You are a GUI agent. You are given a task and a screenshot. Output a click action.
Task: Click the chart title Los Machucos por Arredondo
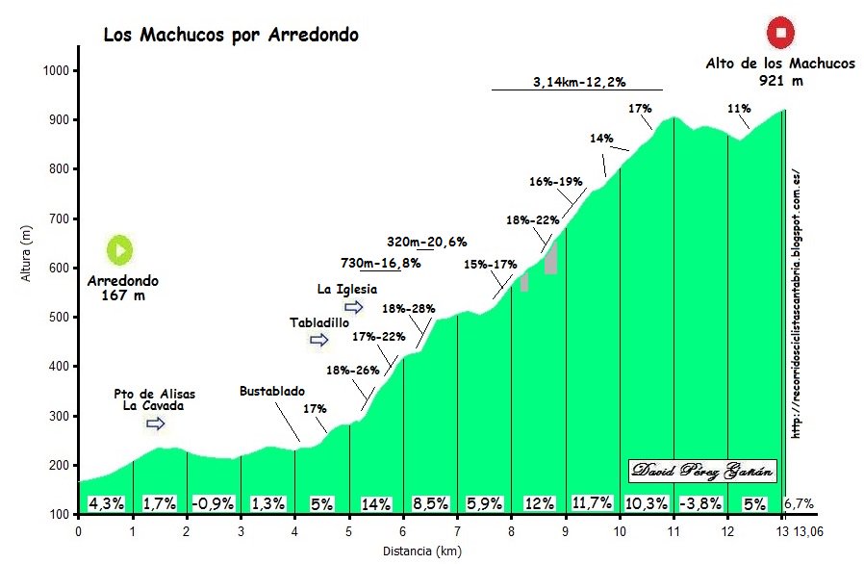[x=231, y=36]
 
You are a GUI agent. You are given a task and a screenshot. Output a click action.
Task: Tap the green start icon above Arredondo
[x=120, y=250]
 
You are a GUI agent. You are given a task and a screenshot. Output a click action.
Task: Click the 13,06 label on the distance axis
[x=808, y=530]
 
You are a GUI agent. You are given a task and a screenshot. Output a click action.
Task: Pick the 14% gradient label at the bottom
[x=375, y=502]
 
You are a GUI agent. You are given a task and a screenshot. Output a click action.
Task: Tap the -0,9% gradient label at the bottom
[x=213, y=502]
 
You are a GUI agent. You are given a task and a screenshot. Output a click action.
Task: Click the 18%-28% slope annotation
[x=409, y=309]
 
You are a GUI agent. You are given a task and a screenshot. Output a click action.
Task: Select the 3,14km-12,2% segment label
[x=575, y=81]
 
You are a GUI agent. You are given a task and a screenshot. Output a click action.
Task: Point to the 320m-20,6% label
[x=426, y=242]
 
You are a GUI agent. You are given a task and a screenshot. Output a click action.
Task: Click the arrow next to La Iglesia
[x=354, y=307]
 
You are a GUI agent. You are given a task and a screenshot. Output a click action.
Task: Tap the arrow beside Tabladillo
[x=318, y=340]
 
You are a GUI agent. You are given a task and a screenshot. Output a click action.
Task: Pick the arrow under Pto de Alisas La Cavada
[x=156, y=423]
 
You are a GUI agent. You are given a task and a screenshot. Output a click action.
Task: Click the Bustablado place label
[x=272, y=392]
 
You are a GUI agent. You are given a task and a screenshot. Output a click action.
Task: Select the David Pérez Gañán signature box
[x=703, y=471]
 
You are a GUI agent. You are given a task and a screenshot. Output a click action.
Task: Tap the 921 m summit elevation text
[x=780, y=82]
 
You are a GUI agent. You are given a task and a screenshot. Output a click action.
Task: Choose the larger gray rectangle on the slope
[x=550, y=257]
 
